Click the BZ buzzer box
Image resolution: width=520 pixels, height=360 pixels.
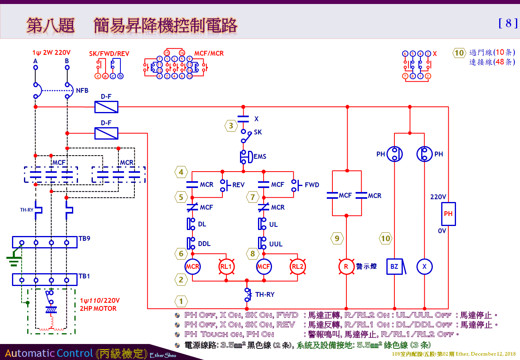pos(395,267)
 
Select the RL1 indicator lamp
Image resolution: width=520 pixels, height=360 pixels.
pos(227,267)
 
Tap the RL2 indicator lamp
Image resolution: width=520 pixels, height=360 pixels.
pos(298,267)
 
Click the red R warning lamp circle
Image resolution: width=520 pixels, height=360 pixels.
pos(346,267)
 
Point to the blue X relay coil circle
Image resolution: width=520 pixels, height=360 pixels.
pos(424,267)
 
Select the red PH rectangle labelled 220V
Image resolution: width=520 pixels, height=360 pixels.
pos(448,214)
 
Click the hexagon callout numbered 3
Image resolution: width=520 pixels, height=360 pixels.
pos(231,126)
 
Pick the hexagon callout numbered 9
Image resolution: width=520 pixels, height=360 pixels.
pos(337,238)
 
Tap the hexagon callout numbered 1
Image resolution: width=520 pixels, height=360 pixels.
pos(181,301)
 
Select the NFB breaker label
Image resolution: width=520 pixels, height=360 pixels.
pos(82,91)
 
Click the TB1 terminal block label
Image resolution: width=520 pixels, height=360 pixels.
pos(84,276)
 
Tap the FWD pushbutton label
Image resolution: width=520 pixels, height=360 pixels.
pos(312,185)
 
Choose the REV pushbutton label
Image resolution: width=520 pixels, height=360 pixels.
pos(238,185)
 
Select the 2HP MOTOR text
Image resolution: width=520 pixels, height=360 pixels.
pos(98,308)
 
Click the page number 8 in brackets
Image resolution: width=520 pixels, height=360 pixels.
pos(508,23)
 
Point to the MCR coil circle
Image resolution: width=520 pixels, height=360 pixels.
pos(192,267)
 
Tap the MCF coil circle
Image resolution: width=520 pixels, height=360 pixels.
pos(264,267)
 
